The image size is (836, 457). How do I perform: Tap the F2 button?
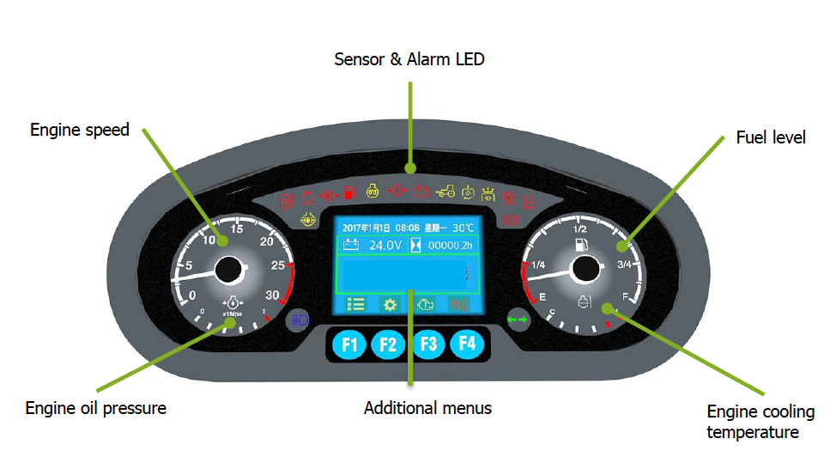click(387, 344)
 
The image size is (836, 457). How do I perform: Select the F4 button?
click(467, 344)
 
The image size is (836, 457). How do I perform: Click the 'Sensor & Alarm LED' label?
click(409, 59)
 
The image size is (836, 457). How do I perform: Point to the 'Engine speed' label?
click(80, 131)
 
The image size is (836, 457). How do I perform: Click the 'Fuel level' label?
click(771, 137)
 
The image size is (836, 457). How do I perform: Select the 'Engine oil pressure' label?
click(96, 408)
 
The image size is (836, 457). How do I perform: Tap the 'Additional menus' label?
click(427, 408)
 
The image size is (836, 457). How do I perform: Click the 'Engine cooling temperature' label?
click(753, 422)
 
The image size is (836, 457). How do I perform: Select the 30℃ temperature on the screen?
click(463, 228)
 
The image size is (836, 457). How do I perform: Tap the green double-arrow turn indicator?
click(518, 319)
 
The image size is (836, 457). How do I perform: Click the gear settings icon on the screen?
click(390, 304)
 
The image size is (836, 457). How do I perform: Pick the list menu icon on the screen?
click(355, 304)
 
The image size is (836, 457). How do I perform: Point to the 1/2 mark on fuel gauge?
click(579, 229)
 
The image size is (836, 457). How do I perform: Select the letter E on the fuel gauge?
click(542, 296)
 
